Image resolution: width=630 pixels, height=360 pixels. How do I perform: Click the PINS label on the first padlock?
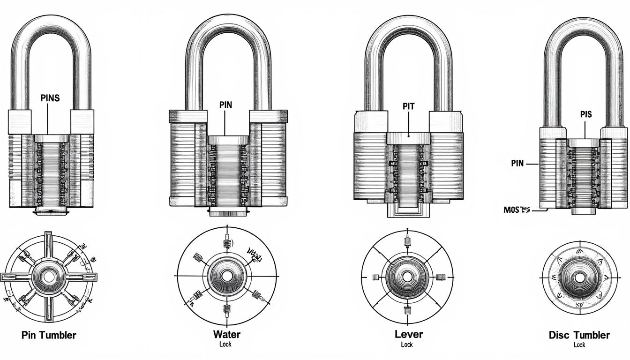pos(50,98)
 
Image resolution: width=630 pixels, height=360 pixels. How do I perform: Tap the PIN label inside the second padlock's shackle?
pos(225,105)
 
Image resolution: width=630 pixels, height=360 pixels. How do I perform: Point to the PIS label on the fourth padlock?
pos(585,114)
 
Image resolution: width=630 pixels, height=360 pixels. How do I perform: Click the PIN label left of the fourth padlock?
pos(517,164)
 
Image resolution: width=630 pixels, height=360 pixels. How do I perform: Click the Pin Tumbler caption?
pos(49,335)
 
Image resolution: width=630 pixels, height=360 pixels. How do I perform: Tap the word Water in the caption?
pos(226,335)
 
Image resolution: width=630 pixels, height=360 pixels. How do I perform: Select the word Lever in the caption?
pos(409,334)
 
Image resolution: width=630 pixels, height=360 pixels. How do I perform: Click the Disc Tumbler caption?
pos(579,335)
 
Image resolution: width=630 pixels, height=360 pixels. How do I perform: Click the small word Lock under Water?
pos(225,345)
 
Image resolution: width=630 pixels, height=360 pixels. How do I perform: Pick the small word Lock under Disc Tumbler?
pos(579,345)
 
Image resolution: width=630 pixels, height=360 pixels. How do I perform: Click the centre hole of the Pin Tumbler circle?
pos(48,277)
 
